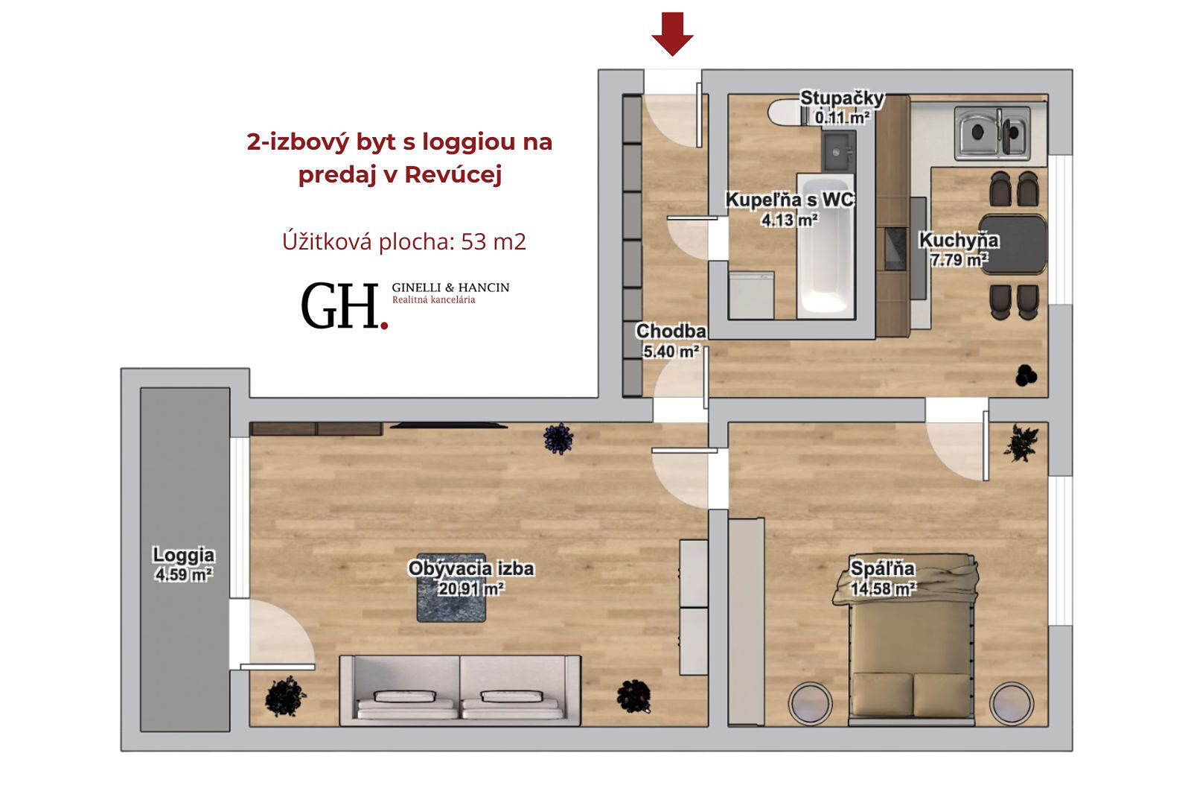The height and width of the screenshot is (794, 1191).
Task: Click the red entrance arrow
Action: coord(673,34)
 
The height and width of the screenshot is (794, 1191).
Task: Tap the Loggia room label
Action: coord(183,555)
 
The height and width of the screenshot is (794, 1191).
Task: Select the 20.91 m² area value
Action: coord(471,589)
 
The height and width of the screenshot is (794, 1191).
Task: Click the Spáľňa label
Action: coord(883,568)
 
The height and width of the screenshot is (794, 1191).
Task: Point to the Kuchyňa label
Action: coord(959,241)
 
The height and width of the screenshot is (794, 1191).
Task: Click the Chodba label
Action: coord(671,331)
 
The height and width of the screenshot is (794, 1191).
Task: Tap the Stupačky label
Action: coord(842,98)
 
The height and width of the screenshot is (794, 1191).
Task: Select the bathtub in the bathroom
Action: coord(826,246)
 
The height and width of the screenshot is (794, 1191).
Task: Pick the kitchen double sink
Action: coord(992,133)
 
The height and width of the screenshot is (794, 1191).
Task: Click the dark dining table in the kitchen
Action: coord(1013,244)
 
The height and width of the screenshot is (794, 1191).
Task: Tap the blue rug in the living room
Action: coord(451,588)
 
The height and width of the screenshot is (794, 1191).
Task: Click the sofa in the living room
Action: coord(460,690)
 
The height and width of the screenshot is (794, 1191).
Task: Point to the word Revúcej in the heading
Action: coord(453,174)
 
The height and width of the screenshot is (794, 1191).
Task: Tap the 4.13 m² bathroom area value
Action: coord(790,220)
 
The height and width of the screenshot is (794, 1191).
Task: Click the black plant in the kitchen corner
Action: coord(1026,375)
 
